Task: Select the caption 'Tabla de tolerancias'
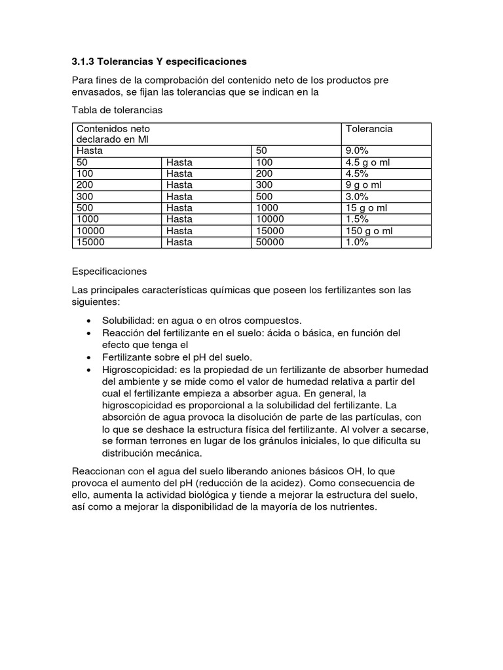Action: coord(117,110)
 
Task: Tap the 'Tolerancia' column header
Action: coord(369,129)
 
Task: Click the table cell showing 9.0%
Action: coord(358,150)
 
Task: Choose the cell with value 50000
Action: coord(270,242)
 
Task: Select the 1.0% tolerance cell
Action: coord(358,242)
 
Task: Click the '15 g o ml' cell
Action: coord(367,208)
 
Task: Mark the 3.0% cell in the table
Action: coord(358,196)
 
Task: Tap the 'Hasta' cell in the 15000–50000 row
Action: coord(179,242)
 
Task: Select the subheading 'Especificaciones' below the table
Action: coord(110,271)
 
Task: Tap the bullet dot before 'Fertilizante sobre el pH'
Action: coord(88,357)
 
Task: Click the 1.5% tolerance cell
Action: coord(358,219)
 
